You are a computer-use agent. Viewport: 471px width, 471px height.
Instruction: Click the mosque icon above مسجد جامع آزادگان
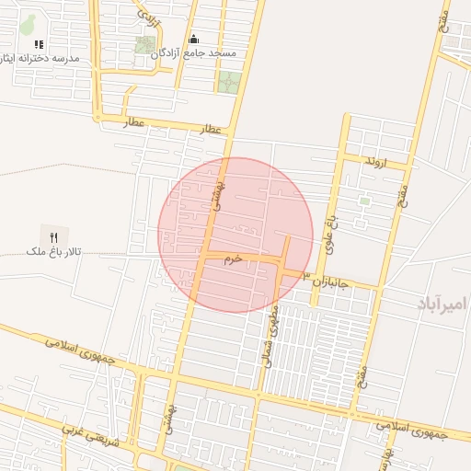[194, 40]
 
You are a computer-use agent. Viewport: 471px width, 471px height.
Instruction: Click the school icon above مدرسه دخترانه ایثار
[39, 43]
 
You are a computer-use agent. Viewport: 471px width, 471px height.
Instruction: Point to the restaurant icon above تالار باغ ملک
[53, 236]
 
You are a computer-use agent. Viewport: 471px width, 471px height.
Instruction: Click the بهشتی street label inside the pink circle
[219, 196]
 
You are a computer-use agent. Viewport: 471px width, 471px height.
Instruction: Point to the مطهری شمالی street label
[272, 337]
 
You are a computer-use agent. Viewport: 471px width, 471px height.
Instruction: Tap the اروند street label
[375, 162]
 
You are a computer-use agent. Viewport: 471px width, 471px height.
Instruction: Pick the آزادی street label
[148, 16]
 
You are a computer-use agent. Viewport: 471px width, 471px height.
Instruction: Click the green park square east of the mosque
[227, 82]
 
